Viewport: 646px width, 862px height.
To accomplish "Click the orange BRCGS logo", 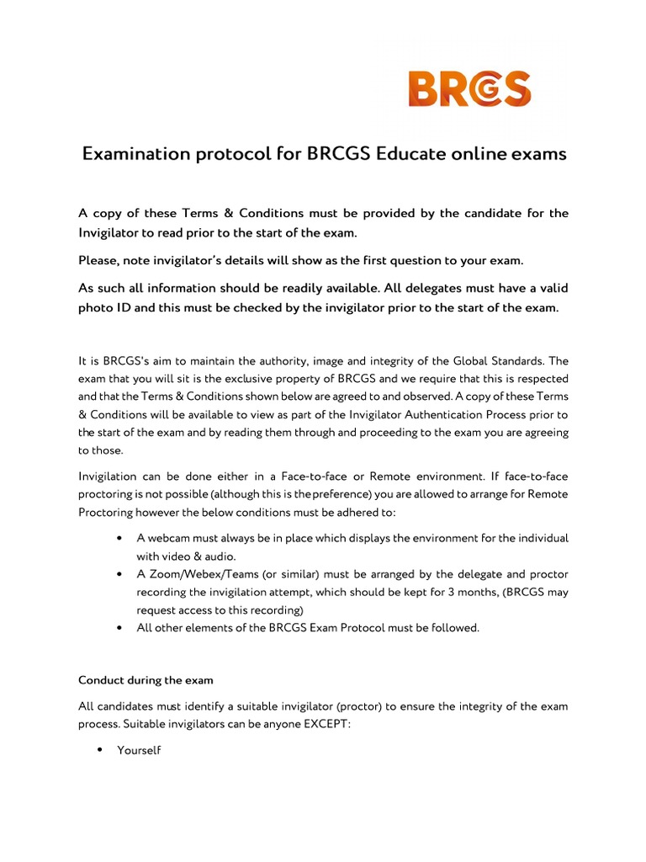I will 469,89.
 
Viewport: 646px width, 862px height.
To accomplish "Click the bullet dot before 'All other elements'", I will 123,627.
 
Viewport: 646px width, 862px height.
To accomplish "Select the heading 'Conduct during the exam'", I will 146,680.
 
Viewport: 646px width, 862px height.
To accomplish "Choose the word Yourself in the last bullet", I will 139,749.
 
